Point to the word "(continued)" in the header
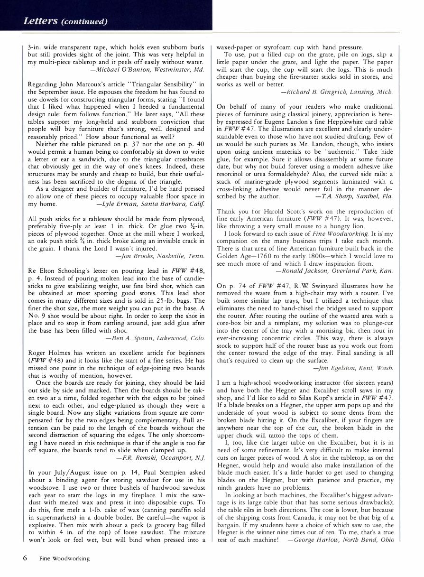tap(83, 21)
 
